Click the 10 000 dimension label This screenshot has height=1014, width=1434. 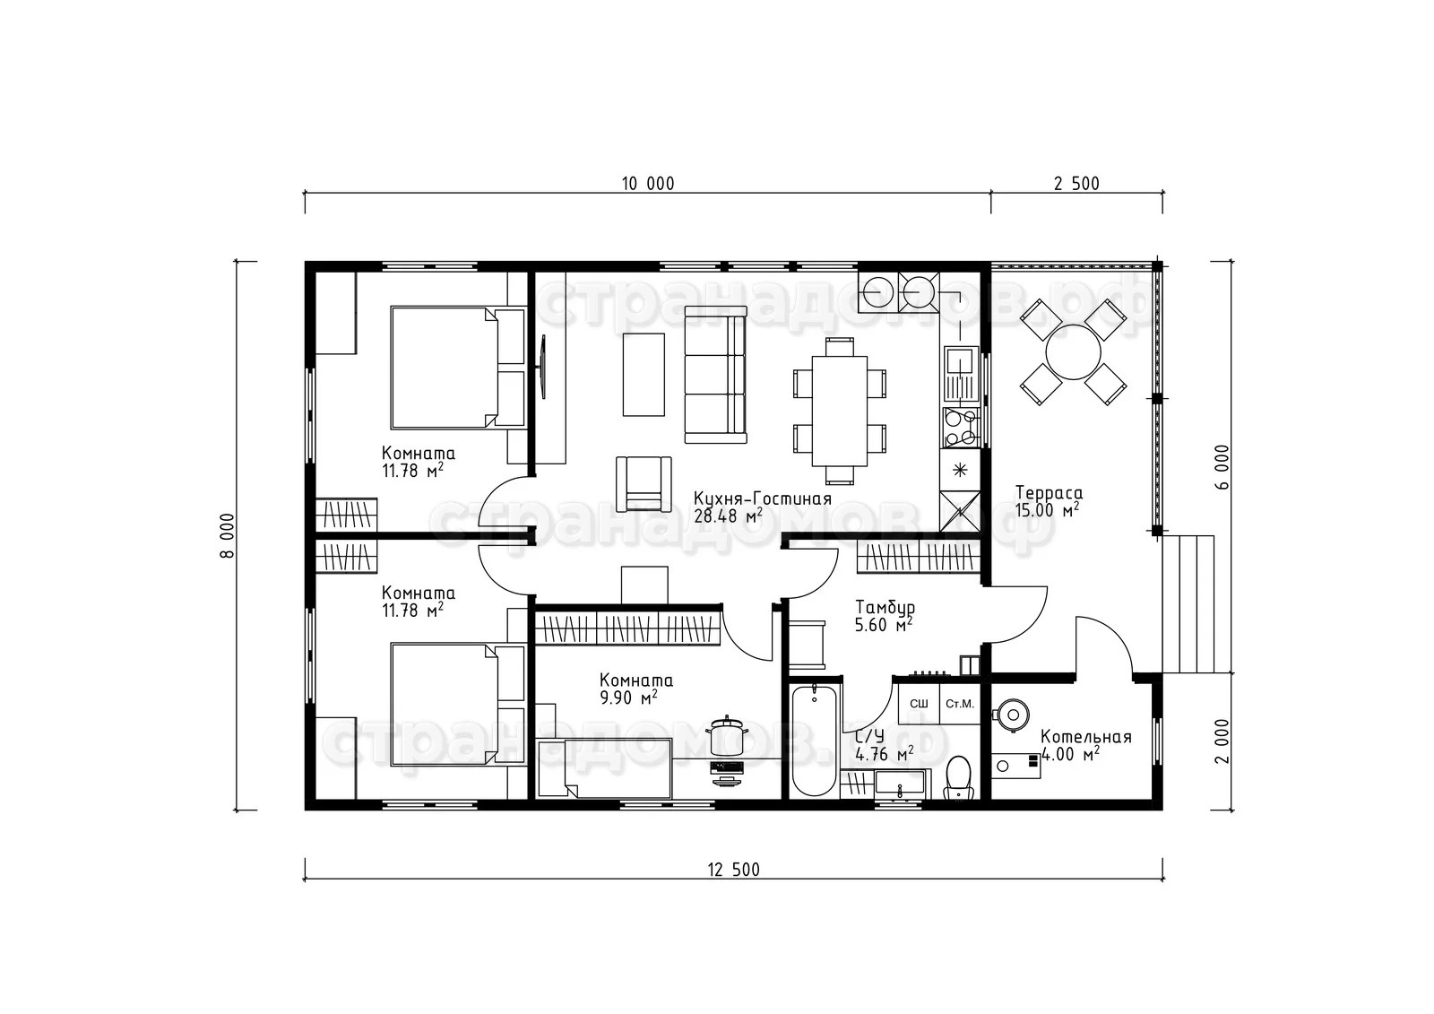pyautogui.click(x=648, y=184)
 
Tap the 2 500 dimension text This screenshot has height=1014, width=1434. pyautogui.click(x=1076, y=184)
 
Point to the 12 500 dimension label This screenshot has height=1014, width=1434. pyautogui.click(x=734, y=870)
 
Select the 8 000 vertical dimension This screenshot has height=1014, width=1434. pyautogui.click(x=229, y=535)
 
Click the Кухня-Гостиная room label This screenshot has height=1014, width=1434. pyautogui.click(x=763, y=499)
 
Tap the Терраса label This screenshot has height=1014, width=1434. pyautogui.click(x=1049, y=492)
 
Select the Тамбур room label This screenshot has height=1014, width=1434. pyautogui.click(x=885, y=607)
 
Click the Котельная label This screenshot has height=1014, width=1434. pyautogui.click(x=1085, y=737)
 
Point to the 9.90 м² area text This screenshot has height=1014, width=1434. pyautogui.click(x=628, y=698)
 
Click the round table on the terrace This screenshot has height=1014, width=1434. pyautogui.click(x=1073, y=352)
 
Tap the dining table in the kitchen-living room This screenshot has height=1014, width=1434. pyautogui.click(x=839, y=411)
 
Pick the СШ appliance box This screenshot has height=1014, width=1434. pyautogui.click(x=919, y=704)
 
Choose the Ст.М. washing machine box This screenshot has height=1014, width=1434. pyautogui.click(x=960, y=704)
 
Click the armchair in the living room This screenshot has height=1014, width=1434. pyautogui.click(x=644, y=483)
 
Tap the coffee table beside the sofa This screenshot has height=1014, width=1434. pyautogui.click(x=644, y=374)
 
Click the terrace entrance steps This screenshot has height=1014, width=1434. pyautogui.click(x=1188, y=604)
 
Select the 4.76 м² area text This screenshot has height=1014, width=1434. pyautogui.click(x=884, y=755)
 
